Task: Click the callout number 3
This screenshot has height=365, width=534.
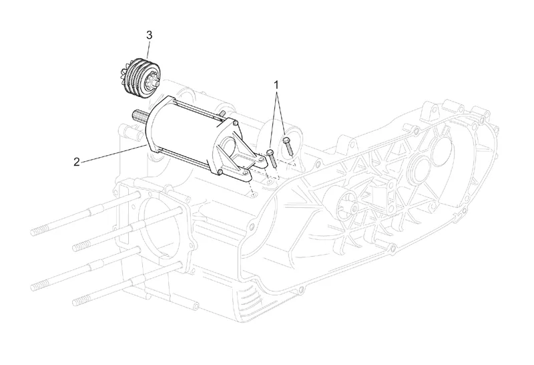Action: (150, 34)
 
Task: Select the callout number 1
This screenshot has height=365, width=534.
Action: (276, 84)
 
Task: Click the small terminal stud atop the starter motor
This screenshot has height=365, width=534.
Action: (220, 116)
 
